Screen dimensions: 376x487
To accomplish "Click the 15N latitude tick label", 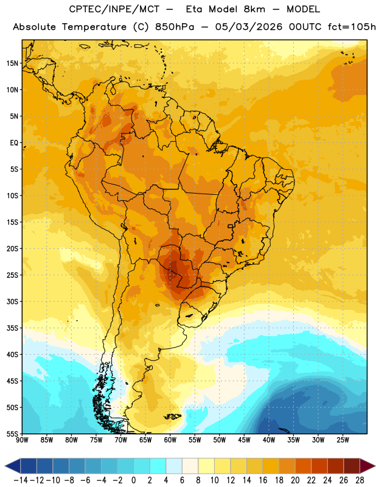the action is (12, 63).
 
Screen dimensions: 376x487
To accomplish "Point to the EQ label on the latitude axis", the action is (14, 143).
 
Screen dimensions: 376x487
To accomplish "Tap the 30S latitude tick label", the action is (12, 301).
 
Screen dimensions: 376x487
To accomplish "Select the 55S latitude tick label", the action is (12, 434).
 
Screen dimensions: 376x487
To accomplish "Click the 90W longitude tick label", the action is (23, 440).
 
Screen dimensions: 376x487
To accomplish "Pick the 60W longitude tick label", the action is (170, 440).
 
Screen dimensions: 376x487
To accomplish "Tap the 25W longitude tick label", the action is (343, 440).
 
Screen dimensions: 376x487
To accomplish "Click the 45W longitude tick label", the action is (244, 440).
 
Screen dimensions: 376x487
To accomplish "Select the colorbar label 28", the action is (360, 480).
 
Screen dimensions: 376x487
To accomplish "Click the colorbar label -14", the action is (21, 480).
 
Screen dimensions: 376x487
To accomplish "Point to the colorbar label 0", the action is (134, 480).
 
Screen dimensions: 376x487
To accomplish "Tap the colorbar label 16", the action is (263, 480).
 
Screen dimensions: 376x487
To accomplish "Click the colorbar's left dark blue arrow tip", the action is (5, 466).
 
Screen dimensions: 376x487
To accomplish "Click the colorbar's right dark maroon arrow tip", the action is (375, 466).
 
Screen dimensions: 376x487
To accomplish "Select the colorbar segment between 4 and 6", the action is (174, 466).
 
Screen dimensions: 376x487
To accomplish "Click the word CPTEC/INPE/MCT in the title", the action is (114, 9).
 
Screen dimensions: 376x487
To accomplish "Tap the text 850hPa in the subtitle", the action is (175, 27).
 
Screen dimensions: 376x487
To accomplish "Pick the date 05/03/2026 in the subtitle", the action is (249, 27).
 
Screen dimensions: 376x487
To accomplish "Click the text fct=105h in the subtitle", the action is (352, 27).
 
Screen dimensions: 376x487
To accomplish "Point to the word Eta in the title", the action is (194, 9).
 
